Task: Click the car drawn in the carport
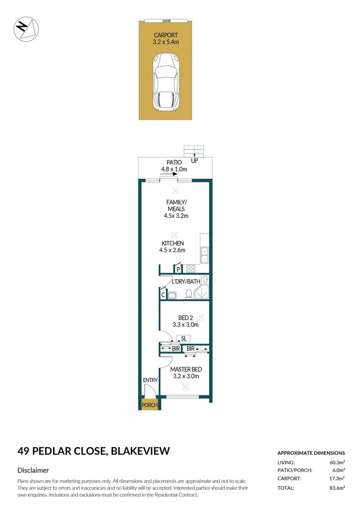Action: tap(166, 82)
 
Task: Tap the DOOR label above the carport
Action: tap(166, 21)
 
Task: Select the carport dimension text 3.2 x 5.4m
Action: tap(166, 42)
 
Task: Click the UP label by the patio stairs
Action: tap(195, 161)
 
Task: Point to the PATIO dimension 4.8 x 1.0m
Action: tap(173, 169)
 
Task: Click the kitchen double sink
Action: tap(205, 255)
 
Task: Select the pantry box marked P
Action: tap(178, 270)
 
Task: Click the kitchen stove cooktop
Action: tap(190, 269)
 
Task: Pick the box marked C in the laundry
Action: tap(163, 295)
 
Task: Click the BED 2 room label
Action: tap(185, 318)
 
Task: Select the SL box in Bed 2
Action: tap(183, 338)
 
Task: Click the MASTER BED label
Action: tap(186, 369)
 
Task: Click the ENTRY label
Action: tap(150, 380)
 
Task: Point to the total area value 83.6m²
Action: tap(336, 488)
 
